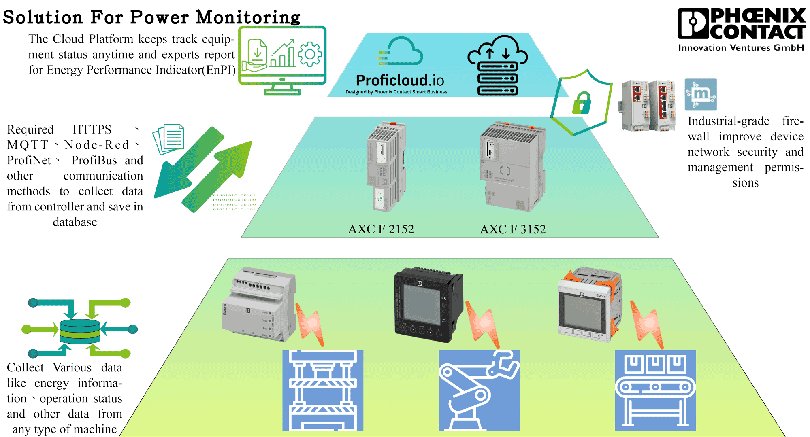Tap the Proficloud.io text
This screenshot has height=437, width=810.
(x=400, y=81)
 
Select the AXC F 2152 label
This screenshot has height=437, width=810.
(x=381, y=229)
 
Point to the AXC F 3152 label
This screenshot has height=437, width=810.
(x=513, y=229)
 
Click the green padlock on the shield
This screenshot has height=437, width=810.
(x=582, y=103)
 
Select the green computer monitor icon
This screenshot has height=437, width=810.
(x=282, y=60)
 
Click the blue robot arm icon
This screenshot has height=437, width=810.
(x=479, y=390)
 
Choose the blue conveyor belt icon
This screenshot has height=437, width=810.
(x=655, y=390)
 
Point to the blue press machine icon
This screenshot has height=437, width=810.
(x=323, y=390)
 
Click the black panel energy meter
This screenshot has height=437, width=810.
(x=428, y=304)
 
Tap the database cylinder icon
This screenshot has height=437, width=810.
(x=80, y=331)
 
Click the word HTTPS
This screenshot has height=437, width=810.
(x=92, y=129)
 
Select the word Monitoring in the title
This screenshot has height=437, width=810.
(x=248, y=17)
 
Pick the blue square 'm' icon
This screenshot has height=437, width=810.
(x=701, y=95)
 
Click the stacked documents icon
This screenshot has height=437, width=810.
(x=168, y=139)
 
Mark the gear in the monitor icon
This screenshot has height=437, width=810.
(x=310, y=54)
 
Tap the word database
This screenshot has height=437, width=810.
(x=75, y=222)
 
